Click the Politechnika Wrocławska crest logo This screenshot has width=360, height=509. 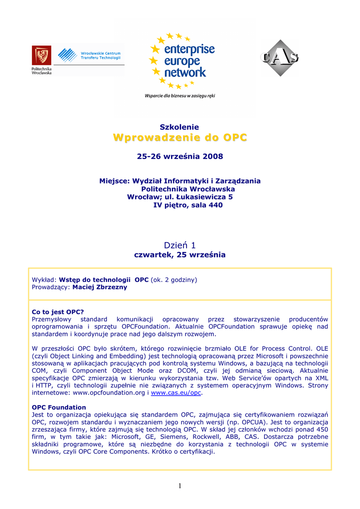pyautogui.click(x=41, y=56)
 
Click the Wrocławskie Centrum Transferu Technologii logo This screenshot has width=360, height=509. pyautogui.click(x=90, y=56)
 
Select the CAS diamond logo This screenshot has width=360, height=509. pyautogui.click(x=280, y=58)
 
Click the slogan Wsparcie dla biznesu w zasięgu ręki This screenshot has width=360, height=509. pyautogui.click(x=180, y=95)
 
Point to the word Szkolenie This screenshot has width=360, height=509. pyautogui.click(x=179, y=127)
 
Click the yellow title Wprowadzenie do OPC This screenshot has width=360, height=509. pyautogui.click(x=180, y=138)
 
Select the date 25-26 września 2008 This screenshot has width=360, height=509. pyautogui.click(x=180, y=157)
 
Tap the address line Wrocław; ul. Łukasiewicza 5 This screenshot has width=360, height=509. pyautogui.click(x=180, y=197)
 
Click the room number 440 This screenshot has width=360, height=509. pyautogui.click(x=215, y=205)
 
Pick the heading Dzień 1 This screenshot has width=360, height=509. pyautogui.click(x=180, y=245)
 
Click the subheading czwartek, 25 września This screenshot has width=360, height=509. pyautogui.click(x=180, y=255)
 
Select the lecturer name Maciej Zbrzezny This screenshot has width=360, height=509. pyautogui.click(x=99, y=287)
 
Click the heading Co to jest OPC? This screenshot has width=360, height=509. pyautogui.click(x=58, y=312)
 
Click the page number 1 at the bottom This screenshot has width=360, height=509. pyautogui.click(x=180, y=486)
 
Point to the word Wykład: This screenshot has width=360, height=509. pyautogui.click(x=44, y=280)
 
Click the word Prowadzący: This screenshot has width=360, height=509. pyautogui.click(x=51, y=287)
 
